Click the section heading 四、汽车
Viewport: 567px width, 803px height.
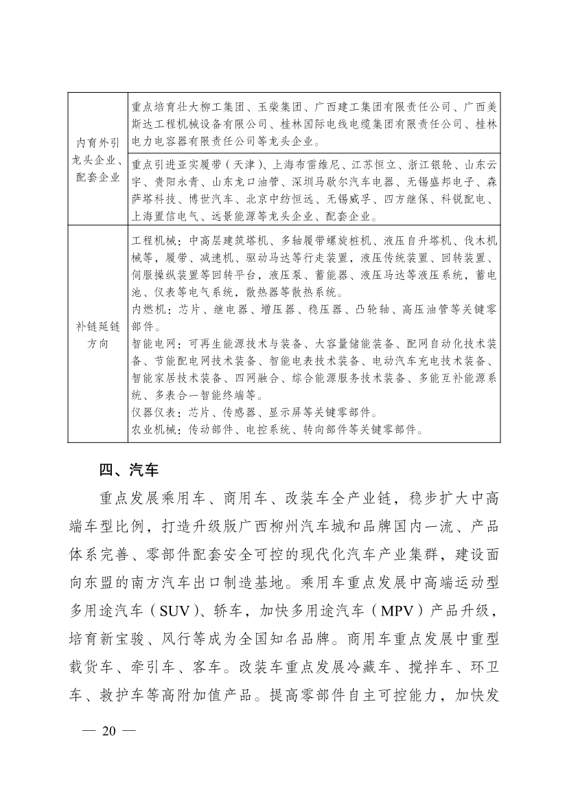click(x=129, y=471)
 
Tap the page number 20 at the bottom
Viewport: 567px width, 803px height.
click(x=110, y=749)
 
